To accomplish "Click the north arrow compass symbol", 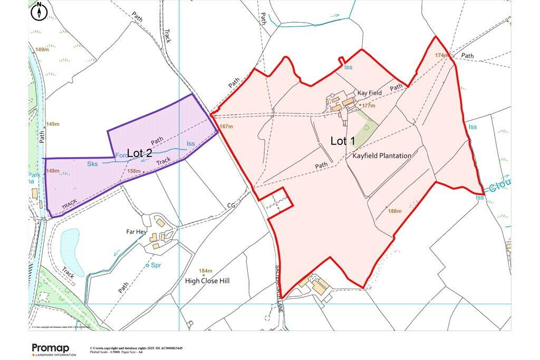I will click(39, 12).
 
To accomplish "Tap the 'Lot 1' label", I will click(343, 141).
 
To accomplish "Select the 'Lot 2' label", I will click(140, 153).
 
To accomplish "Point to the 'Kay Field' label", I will click(369, 93).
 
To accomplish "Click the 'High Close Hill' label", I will click(207, 281).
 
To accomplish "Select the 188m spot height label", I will click(394, 211).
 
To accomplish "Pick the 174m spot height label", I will click(441, 55).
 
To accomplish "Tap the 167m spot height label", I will click(226, 127).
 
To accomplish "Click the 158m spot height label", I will click(134, 171).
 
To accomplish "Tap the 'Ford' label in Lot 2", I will click(121, 155).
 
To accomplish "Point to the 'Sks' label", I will click(92, 164).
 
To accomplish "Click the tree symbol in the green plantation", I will click(367, 127).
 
